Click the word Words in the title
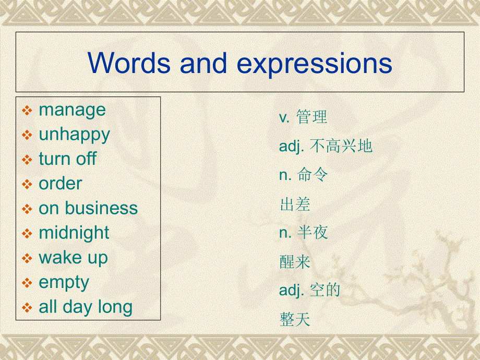pos(129,63)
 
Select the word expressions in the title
pos(315,65)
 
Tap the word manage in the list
pos(72,110)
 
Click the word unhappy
pos(74,135)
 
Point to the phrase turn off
pos(68,159)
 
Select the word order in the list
pos(61,184)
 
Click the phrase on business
pos(88,208)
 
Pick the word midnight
pos(74,233)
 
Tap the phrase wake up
pos(73,258)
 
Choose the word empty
pos(64,283)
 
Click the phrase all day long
pos(86,307)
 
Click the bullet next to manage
pos(27,111)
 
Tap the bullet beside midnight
pos(27,234)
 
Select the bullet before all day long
pos(27,308)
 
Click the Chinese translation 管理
pos(311,117)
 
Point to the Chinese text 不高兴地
pos(341,146)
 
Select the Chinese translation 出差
pos(295,204)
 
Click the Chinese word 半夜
pos(313,233)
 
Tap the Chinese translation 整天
pos(295,319)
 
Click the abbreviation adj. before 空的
pos(292,290)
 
